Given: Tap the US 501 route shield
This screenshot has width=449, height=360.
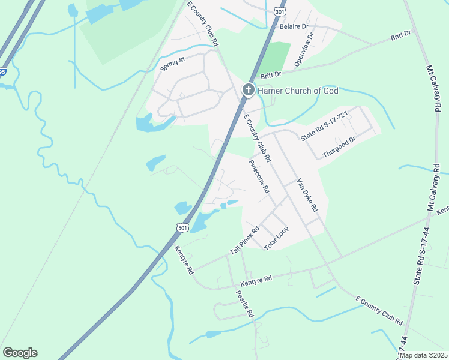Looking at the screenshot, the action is pos(184,227).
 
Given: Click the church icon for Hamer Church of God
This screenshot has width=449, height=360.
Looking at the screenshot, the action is pos(248,91).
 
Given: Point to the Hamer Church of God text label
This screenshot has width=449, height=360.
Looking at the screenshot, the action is pos(298,91).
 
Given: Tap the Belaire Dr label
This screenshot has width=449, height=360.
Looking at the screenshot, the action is pos(294,27).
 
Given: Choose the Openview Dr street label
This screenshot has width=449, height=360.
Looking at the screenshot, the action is pos(304,49).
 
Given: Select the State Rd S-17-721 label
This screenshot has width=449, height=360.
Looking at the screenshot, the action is pos(324,127).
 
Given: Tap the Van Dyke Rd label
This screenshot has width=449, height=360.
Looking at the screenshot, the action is pos(307,197).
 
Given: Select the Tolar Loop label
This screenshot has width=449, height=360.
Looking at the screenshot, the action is pos(276,238).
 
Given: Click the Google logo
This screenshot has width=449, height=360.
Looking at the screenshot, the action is pos(20,353).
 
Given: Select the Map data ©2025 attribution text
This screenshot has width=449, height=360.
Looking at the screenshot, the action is pos(423,355).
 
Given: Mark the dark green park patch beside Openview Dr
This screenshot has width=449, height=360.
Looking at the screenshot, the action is pos(277,57).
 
